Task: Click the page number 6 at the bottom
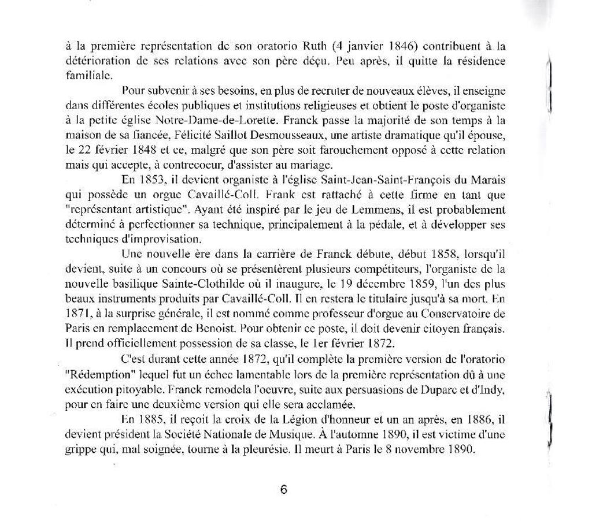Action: pyautogui.click(x=284, y=490)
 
